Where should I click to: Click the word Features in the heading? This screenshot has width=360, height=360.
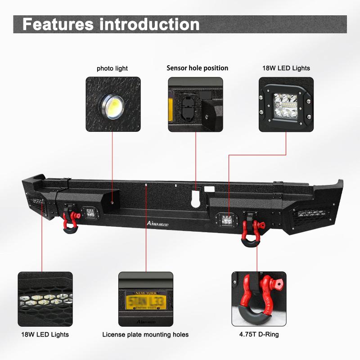tap(57, 24)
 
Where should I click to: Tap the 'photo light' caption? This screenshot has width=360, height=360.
tap(112, 68)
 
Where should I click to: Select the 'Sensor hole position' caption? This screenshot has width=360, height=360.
tap(197, 68)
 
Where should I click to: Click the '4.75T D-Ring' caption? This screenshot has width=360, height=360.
tap(259, 334)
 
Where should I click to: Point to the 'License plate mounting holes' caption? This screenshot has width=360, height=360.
tap(145, 334)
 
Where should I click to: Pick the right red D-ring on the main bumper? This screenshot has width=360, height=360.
tap(248, 231)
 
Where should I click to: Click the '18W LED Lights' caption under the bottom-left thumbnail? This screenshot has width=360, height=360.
tap(45, 334)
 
